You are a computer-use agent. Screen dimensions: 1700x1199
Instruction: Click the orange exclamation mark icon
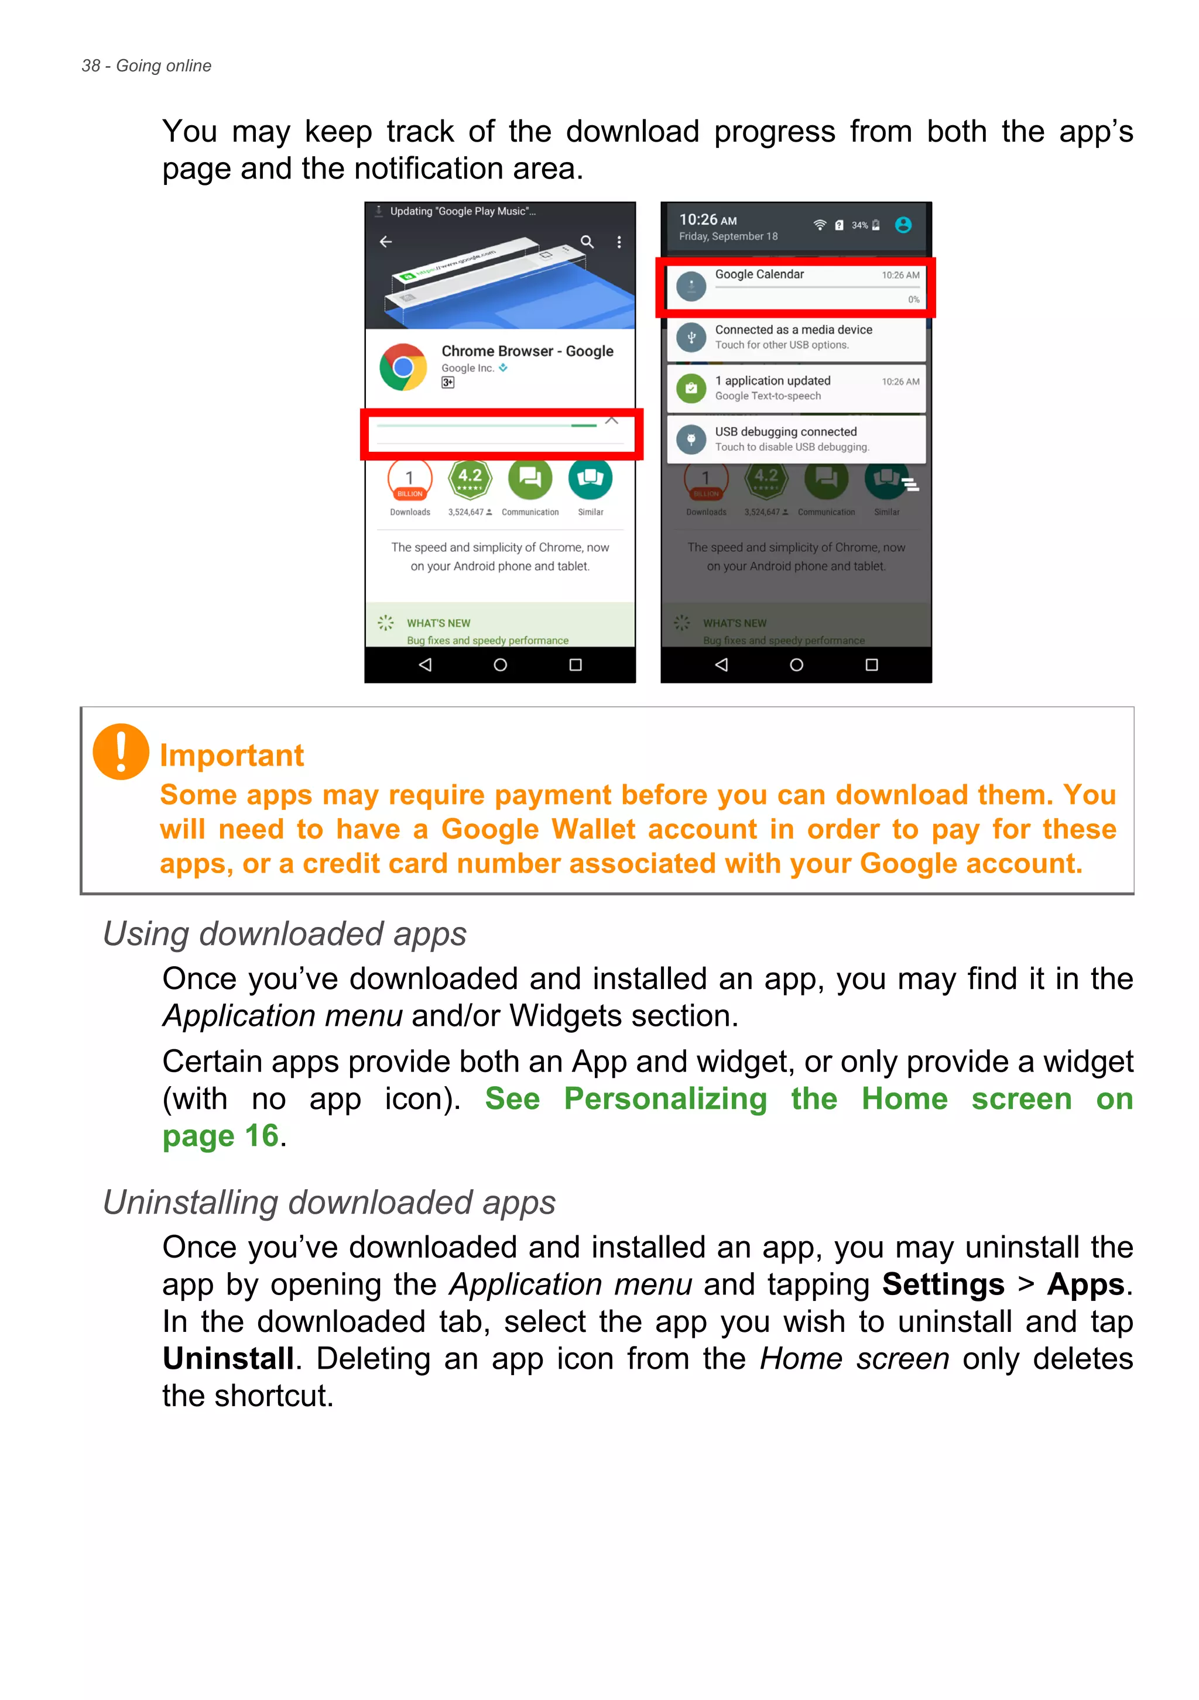click(x=121, y=751)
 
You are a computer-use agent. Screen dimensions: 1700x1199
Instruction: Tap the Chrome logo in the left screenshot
click(x=403, y=366)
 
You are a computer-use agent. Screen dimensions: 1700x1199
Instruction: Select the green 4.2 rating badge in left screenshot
click(x=470, y=478)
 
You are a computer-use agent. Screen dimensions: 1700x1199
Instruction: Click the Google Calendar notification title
click(x=759, y=274)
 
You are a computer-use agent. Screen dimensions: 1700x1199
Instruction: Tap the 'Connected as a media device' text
click(x=793, y=329)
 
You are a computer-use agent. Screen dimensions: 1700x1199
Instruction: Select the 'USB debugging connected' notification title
click(x=785, y=432)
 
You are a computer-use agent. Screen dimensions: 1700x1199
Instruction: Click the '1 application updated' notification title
click(x=772, y=380)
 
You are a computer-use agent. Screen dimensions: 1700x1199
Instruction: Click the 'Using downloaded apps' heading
click(x=285, y=933)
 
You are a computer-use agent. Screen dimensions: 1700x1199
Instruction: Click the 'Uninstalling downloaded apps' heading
click(x=329, y=1203)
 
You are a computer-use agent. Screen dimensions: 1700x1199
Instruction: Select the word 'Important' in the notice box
click(x=232, y=755)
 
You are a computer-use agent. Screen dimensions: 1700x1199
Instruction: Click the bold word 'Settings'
click(x=943, y=1285)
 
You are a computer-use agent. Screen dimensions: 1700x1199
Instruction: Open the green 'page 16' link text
click(x=221, y=1136)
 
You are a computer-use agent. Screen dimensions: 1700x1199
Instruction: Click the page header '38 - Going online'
click(x=146, y=66)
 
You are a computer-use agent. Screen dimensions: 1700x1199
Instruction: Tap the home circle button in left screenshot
click(x=500, y=665)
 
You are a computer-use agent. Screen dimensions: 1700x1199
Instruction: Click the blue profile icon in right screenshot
click(x=903, y=225)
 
